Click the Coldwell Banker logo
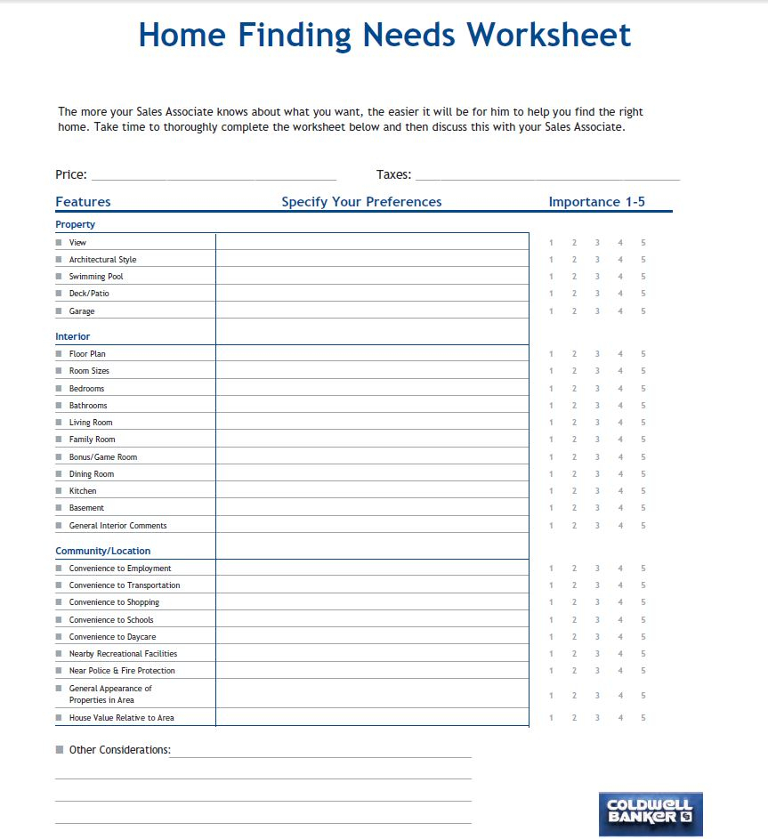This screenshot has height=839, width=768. tap(651, 813)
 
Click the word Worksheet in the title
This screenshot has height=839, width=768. tap(549, 35)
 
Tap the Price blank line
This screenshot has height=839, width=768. tap(214, 176)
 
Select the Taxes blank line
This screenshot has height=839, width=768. tap(547, 176)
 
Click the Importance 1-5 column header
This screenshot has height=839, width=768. tap(596, 202)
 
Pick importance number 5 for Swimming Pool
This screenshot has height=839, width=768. tap(643, 277)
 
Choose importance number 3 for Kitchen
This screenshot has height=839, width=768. tap(597, 491)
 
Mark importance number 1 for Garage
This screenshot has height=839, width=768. tap(551, 311)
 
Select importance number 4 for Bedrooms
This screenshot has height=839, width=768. tap(620, 389)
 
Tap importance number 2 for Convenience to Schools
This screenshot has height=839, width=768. tap(574, 620)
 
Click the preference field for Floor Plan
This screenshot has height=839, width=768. tap(372, 354)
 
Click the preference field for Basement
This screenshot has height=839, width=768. tap(372, 508)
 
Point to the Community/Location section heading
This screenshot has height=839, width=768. tap(103, 551)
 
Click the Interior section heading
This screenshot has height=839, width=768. tap(73, 336)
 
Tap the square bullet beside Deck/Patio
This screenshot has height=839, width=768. tap(59, 294)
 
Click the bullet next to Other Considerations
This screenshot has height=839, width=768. tap(60, 750)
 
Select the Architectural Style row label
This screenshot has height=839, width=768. tap(102, 260)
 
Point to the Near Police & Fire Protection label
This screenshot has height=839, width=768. tap(122, 671)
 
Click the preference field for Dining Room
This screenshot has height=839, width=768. tap(372, 474)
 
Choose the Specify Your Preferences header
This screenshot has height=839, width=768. tap(361, 202)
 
